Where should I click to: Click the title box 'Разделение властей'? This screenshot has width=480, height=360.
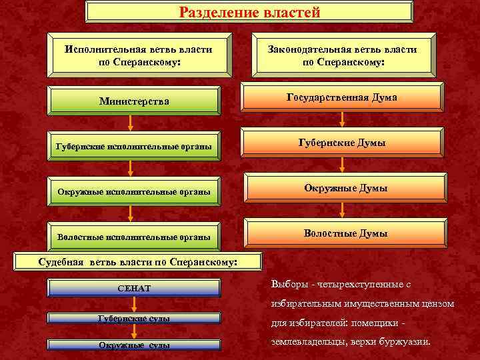249,13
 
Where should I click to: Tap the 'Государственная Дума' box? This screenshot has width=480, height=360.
342,97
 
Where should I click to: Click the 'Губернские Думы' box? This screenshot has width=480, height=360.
342,143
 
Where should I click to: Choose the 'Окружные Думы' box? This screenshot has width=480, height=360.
342,189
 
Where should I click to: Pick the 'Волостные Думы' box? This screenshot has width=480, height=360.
342,233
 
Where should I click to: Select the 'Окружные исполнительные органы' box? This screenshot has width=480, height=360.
134,192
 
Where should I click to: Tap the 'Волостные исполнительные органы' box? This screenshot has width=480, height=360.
134,237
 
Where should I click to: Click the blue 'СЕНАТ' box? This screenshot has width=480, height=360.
134,289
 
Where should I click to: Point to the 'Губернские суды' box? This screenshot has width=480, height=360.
134,319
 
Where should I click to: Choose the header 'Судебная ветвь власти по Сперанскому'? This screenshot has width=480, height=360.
137,262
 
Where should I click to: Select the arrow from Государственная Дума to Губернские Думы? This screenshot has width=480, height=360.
342,120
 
